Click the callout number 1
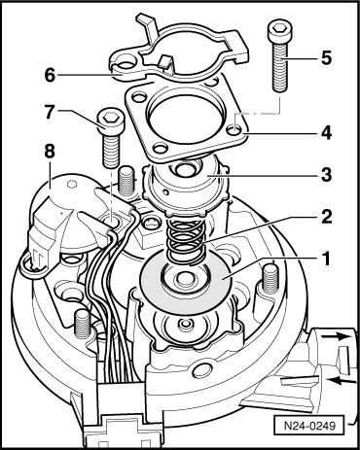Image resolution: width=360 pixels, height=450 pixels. click(325, 259)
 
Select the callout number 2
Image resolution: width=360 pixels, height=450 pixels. click(326, 217)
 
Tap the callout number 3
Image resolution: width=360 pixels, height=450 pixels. click(326, 175)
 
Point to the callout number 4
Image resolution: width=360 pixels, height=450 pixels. click(325, 133)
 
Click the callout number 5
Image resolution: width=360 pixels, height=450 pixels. click(326, 57)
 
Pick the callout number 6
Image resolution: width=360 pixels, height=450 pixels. click(50, 75)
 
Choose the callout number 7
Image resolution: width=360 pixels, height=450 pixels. click(50, 112)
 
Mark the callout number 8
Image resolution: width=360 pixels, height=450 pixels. click(50, 152)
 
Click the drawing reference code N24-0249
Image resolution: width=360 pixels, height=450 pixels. click(309, 426)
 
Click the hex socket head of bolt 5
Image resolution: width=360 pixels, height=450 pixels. click(277, 32)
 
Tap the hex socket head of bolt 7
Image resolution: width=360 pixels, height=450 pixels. click(109, 121)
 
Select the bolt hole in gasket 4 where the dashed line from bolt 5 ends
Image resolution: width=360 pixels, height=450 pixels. click(234, 130)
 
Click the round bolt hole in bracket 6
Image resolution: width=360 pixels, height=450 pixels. click(125, 65)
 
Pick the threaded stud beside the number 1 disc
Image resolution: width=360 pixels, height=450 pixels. click(269, 279)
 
